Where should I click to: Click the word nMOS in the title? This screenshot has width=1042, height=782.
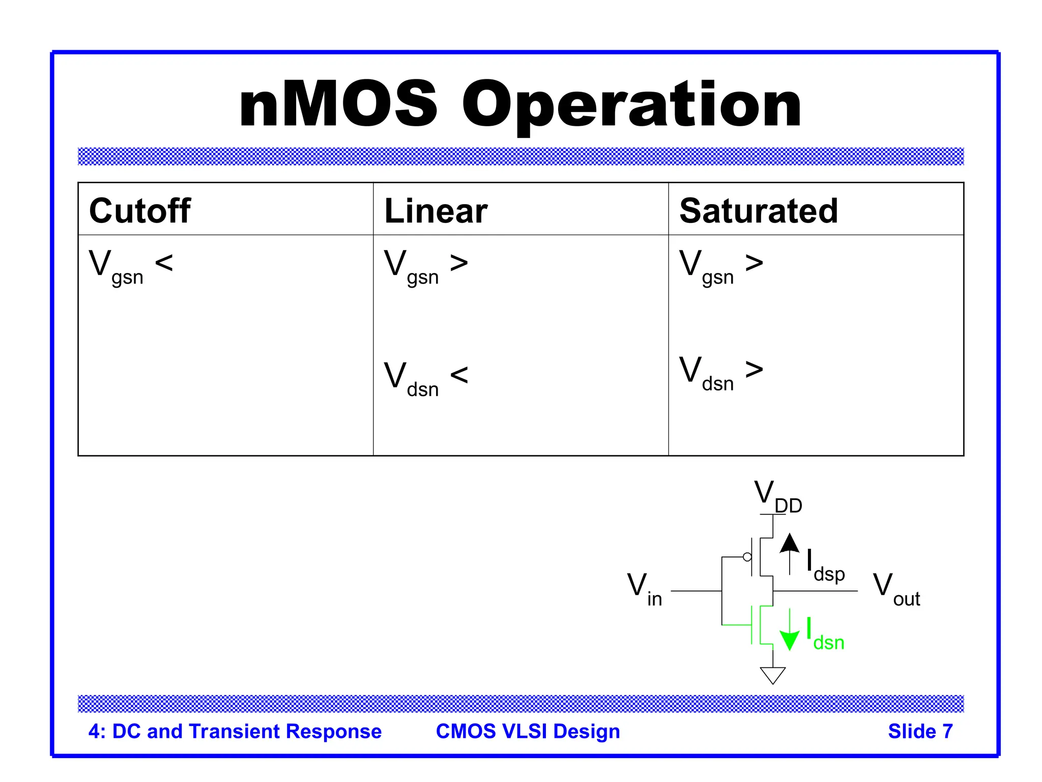[x=338, y=105]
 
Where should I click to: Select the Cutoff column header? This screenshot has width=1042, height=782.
[x=140, y=210]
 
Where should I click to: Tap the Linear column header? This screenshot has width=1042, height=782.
[x=436, y=211]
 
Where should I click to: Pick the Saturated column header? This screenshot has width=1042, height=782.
[x=759, y=211]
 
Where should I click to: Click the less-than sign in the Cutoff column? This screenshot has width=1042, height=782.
[x=164, y=263]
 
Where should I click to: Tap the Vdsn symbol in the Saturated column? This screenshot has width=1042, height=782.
[x=706, y=373]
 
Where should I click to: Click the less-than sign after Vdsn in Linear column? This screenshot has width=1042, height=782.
[x=459, y=375]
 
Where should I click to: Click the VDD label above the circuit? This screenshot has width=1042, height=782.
[x=777, y=496]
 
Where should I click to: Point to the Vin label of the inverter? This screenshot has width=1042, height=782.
[x=644, y=589]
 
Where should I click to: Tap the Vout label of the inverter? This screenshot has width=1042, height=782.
[x=896, y=589]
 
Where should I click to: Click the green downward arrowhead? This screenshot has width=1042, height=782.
[x=789, y=640]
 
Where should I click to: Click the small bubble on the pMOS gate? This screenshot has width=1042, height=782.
[x=747, y=557]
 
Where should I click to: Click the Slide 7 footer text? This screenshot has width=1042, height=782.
[x=920, y=731]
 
